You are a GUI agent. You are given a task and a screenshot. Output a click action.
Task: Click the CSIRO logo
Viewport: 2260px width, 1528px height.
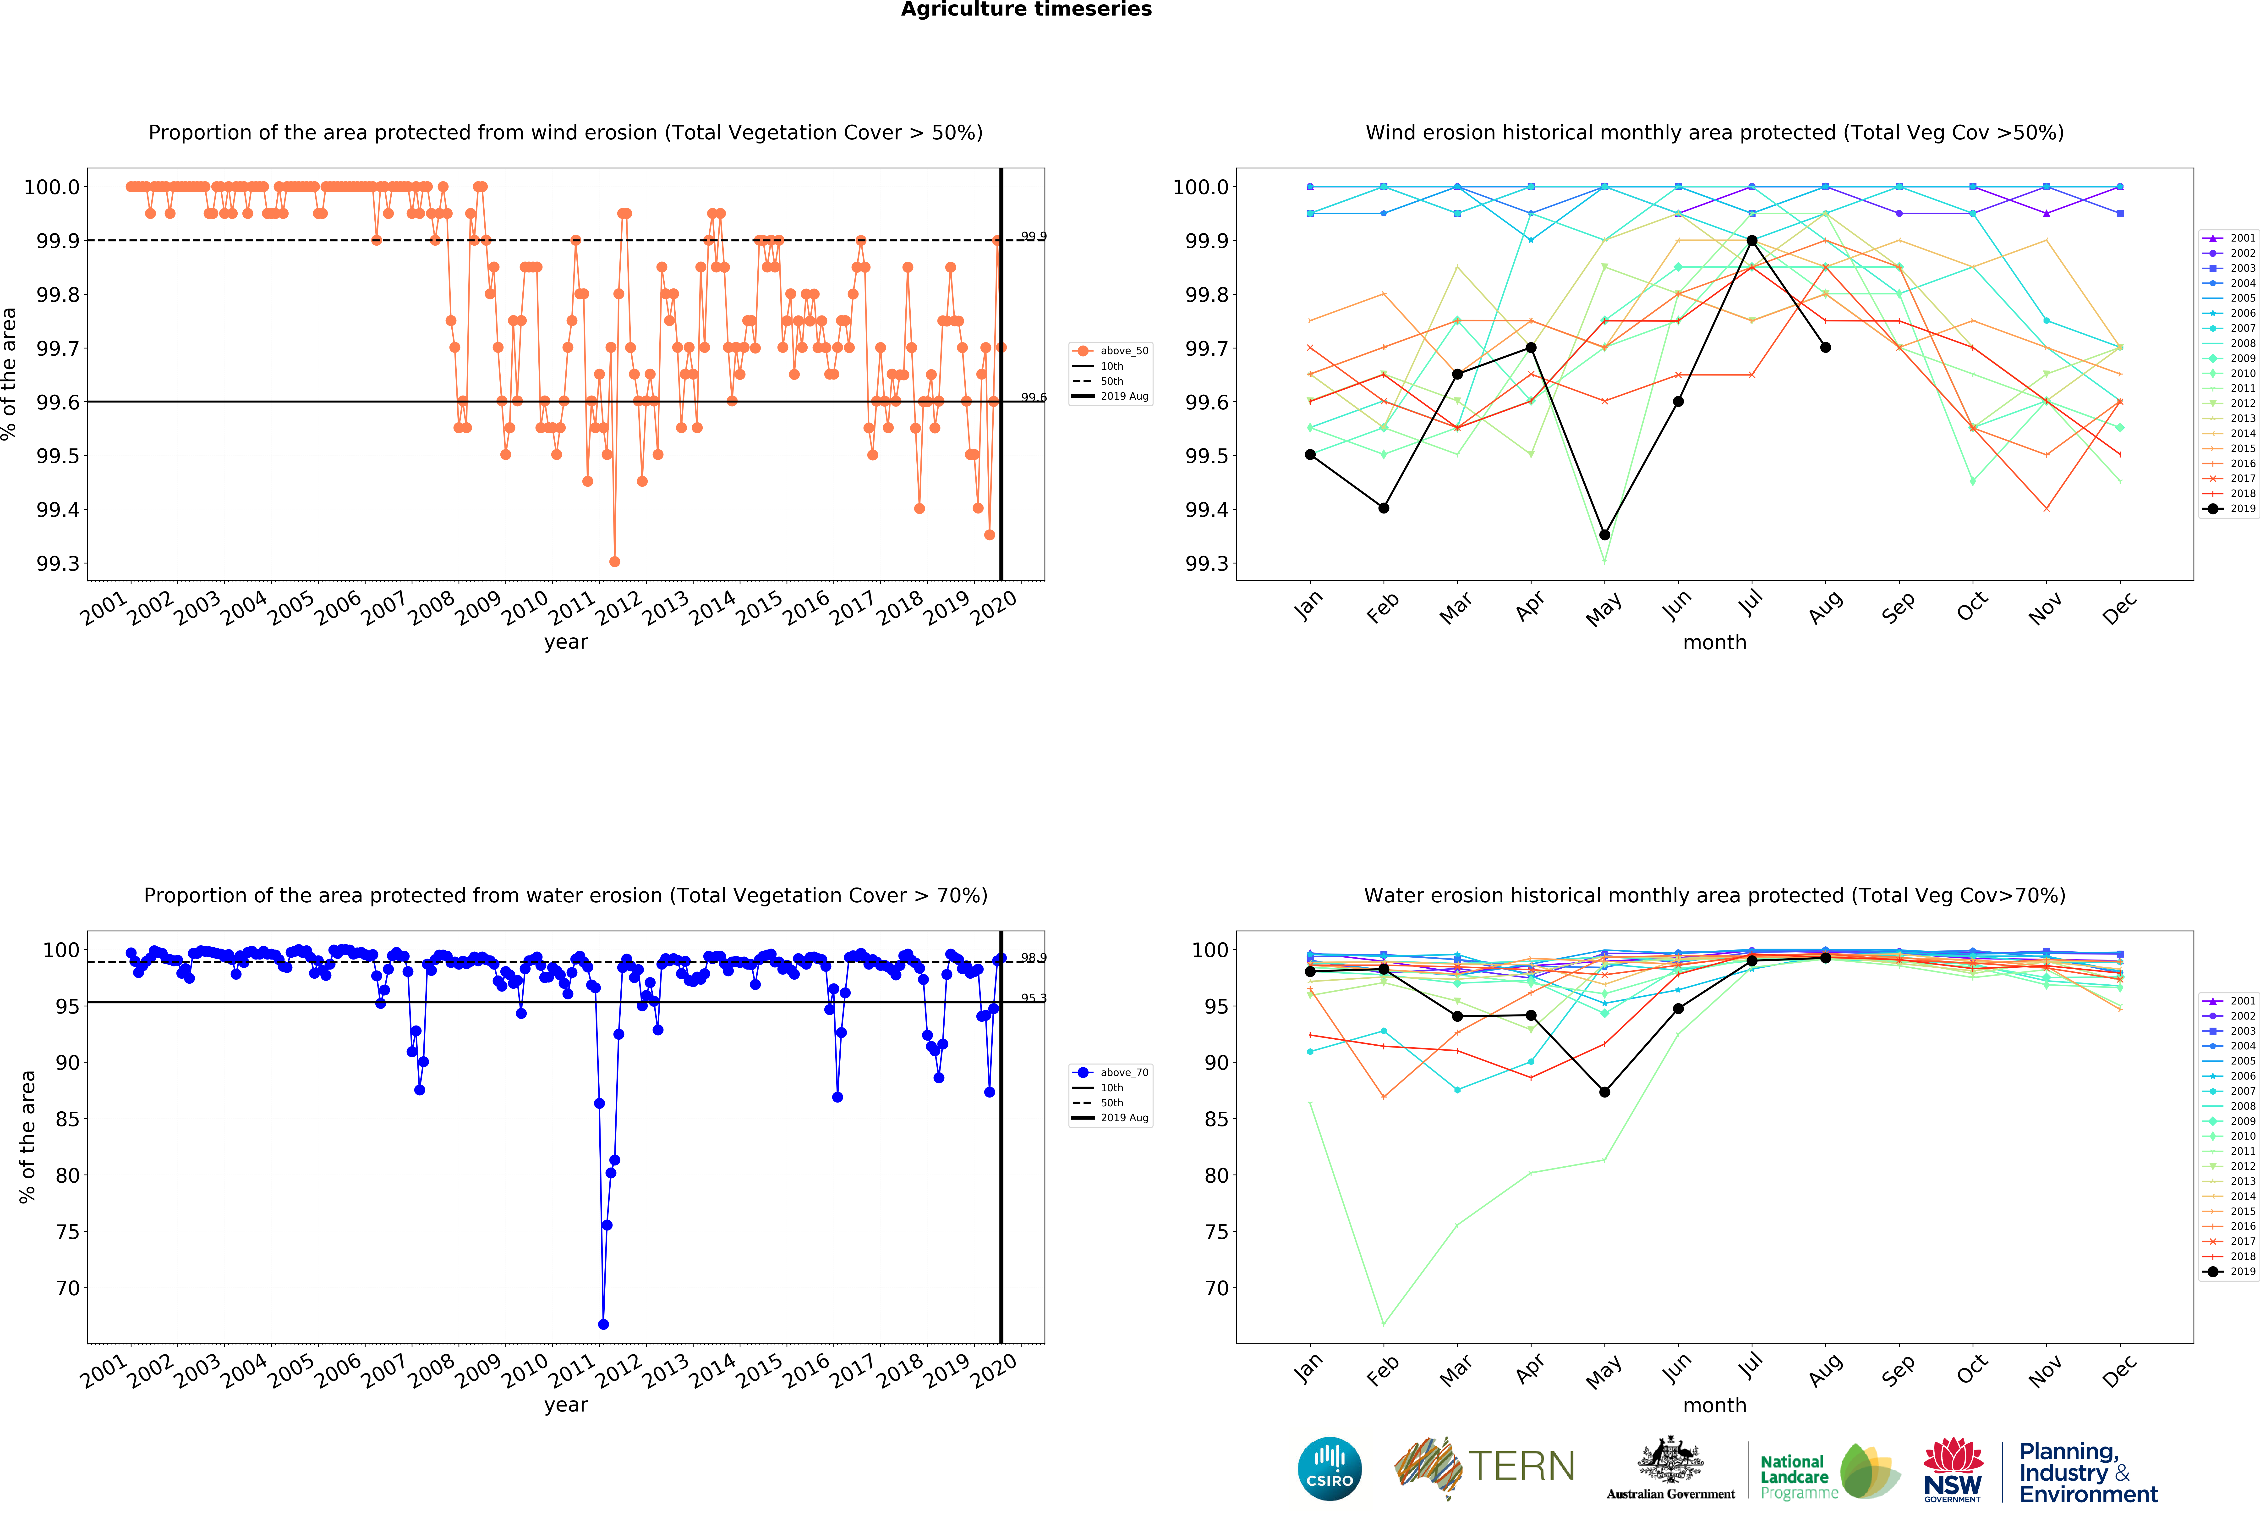[x=1329, y=1469]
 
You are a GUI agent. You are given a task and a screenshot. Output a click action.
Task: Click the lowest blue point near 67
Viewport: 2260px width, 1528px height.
[x=603, y=1324]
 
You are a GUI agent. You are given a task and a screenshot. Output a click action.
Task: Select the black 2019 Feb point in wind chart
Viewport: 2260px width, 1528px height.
[x=1384, y=508]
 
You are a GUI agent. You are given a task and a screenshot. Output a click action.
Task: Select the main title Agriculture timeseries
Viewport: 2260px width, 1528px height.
[x=1026, y=10]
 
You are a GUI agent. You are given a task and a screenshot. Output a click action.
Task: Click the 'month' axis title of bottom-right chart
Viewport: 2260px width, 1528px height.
[x=1714, y=1405]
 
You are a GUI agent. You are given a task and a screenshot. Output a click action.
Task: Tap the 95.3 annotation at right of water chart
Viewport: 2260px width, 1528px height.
[x=1033, y=998]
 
